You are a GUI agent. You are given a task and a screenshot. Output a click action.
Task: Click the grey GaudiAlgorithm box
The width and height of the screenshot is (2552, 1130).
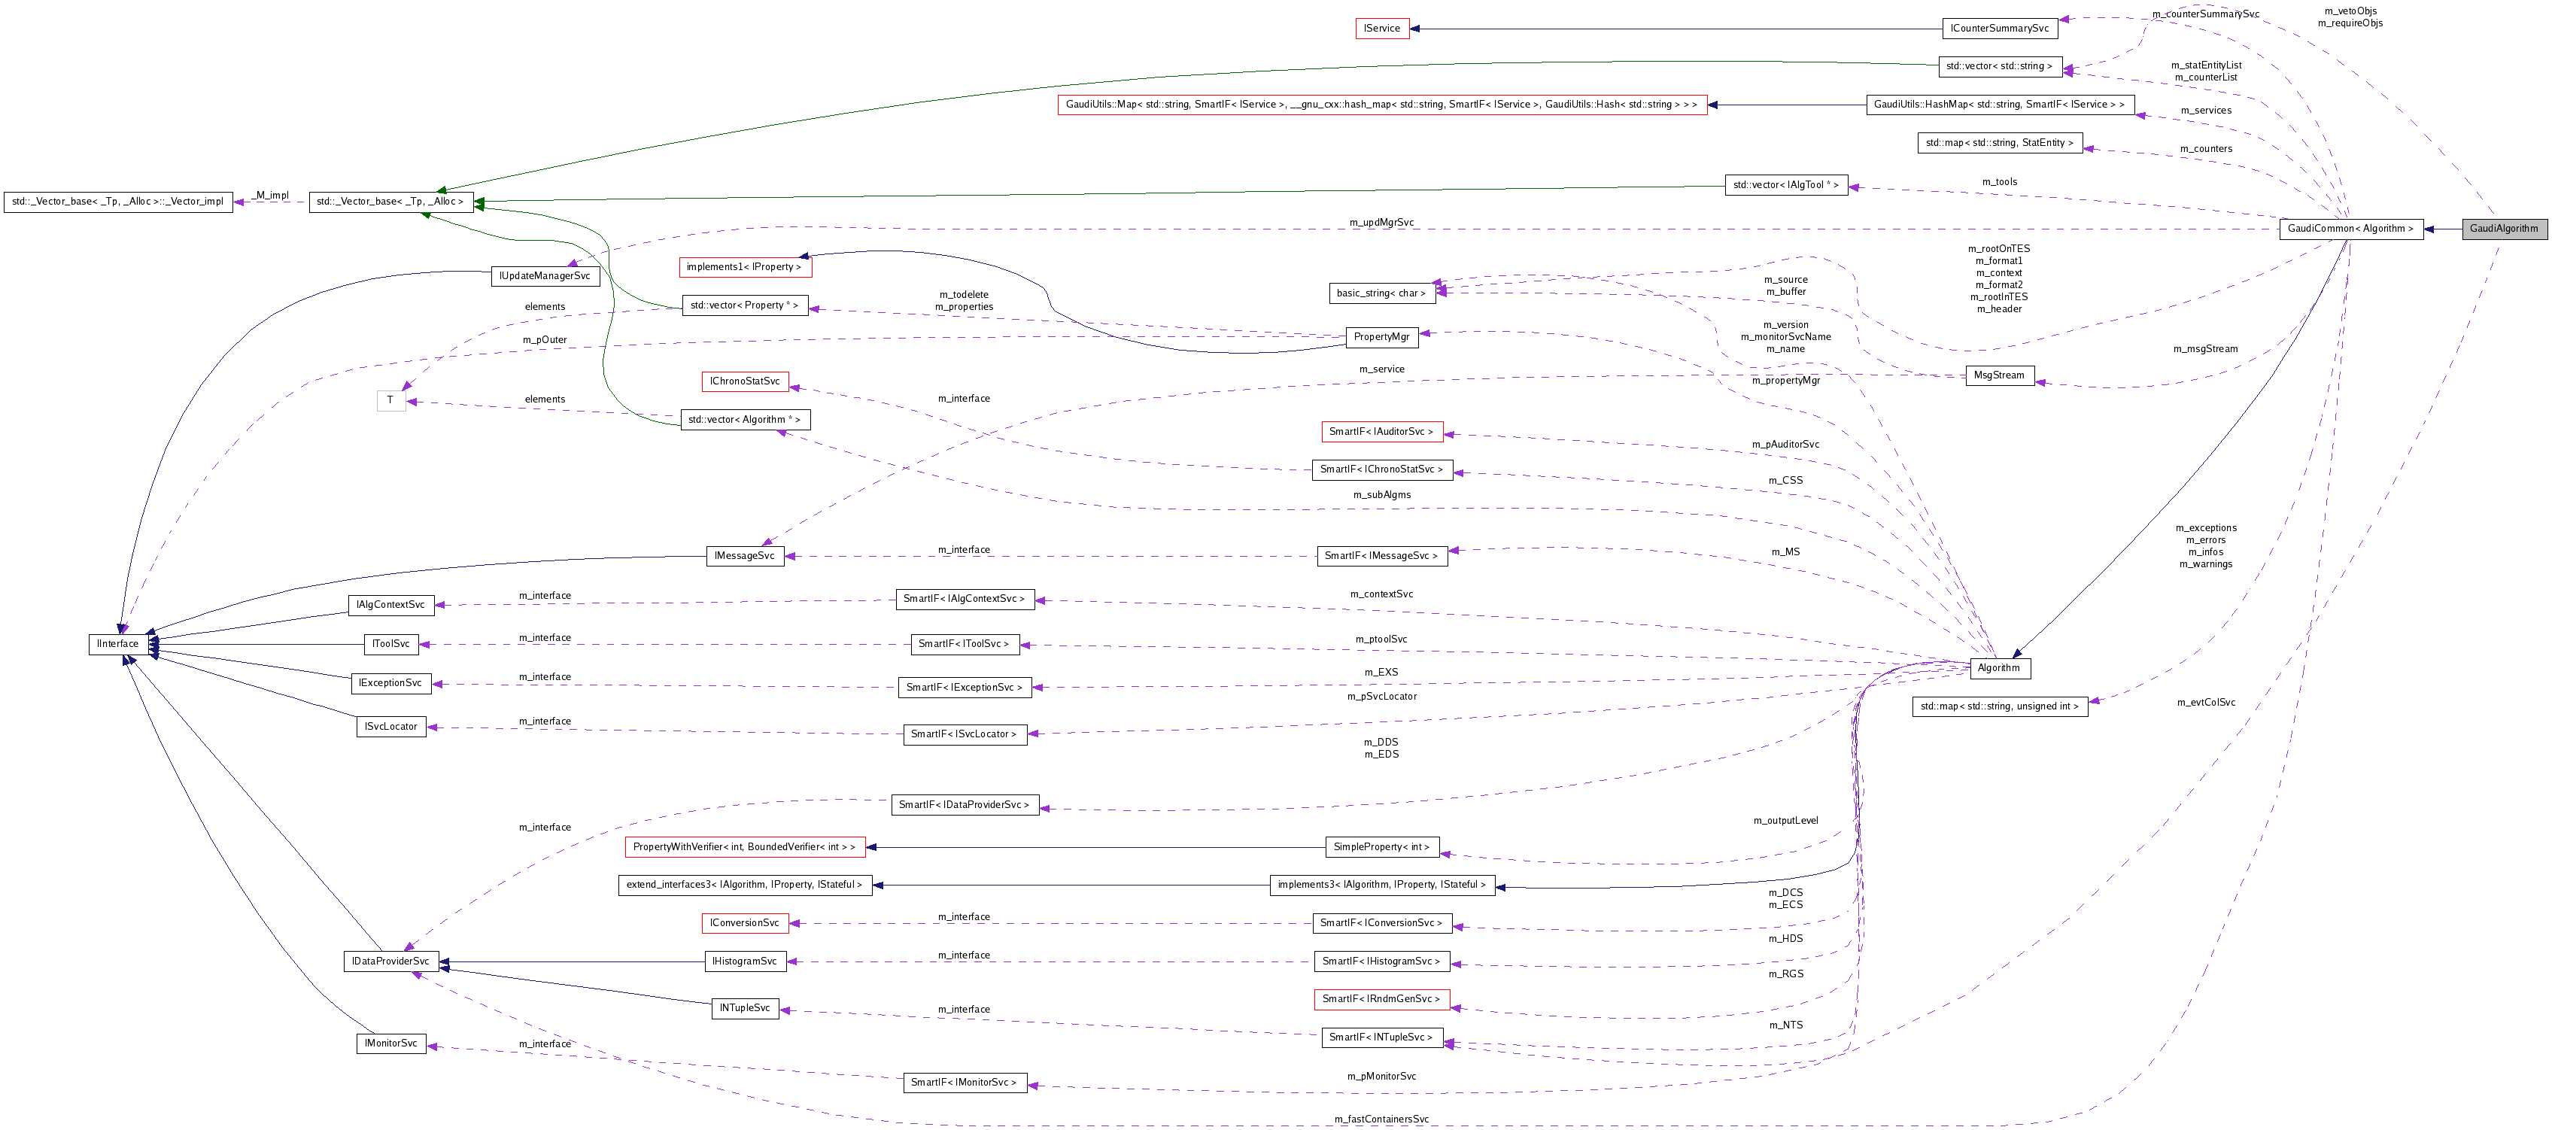click(2503, 229)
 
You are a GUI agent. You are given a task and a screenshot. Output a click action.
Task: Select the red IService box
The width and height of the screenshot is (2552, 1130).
click(1381, 29)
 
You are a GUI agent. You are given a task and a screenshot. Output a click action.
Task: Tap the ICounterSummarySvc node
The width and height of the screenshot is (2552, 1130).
click(1999, 29)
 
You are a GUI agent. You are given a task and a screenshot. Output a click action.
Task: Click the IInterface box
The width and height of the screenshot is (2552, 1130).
click(118, 644)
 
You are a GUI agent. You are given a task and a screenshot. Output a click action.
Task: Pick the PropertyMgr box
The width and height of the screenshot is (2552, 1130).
click(1381, 337)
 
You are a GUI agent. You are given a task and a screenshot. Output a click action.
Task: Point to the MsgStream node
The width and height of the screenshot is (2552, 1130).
click(1998, 375)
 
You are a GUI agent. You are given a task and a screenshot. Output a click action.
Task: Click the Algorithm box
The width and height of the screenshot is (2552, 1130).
click(1998, 667)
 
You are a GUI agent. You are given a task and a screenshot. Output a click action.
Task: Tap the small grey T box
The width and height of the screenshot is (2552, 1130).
click(390, 400)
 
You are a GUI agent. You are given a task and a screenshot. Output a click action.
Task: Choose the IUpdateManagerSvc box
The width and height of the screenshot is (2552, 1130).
click(545, 276)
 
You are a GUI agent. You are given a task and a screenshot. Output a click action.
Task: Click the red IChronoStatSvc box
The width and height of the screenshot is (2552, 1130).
click(744, 381)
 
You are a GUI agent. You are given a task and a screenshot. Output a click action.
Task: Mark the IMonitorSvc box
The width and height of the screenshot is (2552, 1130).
click(390, 1043)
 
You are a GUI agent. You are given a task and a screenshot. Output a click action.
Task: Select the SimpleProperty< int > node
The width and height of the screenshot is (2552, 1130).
click(1381, 847)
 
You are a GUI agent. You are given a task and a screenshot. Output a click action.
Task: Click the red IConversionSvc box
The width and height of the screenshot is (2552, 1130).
click(744, 923)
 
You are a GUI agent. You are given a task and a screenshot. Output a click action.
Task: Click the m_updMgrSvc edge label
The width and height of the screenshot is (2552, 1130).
click(1381, 223)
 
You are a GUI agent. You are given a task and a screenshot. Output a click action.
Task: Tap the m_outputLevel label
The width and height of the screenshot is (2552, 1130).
click(1785, 820)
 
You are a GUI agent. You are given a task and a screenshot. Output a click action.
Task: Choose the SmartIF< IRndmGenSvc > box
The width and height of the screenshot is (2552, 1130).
click(1381, 999)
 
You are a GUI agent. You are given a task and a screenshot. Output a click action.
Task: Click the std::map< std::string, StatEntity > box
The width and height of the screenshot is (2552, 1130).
click(1998, 143)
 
